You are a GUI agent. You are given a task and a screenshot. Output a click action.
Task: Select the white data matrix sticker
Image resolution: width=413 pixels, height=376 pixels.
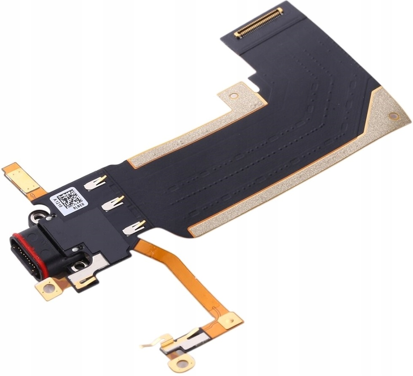69,202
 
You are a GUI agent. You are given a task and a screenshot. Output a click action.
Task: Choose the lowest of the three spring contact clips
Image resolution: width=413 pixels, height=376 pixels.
134,227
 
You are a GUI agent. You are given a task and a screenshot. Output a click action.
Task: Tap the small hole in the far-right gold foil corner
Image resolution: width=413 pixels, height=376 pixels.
393,115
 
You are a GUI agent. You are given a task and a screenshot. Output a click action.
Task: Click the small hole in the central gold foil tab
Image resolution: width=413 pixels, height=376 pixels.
233,96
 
